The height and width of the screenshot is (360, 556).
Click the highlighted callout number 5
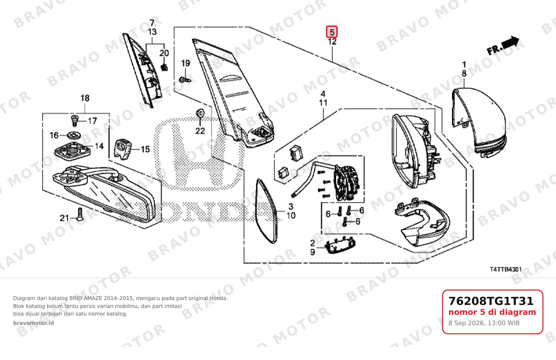331,32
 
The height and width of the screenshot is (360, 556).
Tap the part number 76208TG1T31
491,301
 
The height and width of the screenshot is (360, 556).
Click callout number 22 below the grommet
200,131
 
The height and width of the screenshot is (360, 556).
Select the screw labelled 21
80,214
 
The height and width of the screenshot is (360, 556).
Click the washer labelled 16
74,136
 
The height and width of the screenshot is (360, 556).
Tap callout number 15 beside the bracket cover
145,149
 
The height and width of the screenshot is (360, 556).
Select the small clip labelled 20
164,67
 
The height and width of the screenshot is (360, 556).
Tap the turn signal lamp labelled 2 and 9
340,245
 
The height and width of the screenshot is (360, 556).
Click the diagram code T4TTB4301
506,269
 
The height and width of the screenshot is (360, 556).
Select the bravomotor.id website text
33,323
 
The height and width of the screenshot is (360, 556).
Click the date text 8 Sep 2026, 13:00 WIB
484,323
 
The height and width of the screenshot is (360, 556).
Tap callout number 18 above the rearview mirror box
85,98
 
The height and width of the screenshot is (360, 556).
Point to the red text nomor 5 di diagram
492,312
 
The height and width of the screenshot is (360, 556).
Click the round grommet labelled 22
200,113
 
